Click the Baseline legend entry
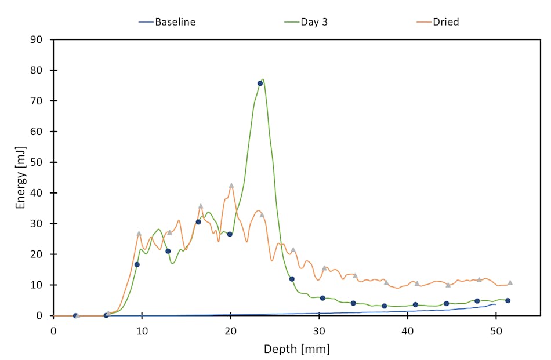[x=175, y=22]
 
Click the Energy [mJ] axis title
[x=21, y=177]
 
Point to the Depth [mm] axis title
[x=296, y=349]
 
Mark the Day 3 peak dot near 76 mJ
[x=260, y=83]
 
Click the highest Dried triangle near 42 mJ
[x=231, y=186]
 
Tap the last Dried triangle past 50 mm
[x=510, y=282]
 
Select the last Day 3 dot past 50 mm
[x=507, y=300]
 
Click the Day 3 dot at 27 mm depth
[x=292, y=279]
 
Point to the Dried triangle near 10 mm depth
[x=139, y=233]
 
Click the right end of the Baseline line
[x=495, y=304]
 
